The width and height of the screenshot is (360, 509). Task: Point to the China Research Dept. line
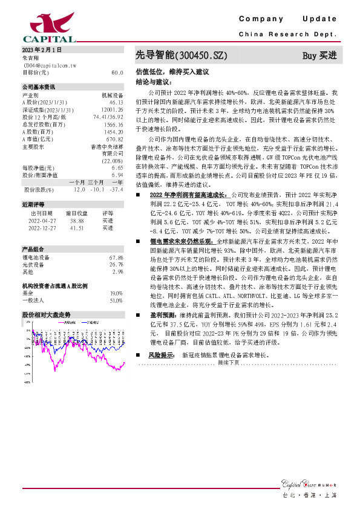tap(288, 34)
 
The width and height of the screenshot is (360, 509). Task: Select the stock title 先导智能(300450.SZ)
tap(181, 56)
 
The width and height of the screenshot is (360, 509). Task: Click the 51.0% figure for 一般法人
tap(116, 300)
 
